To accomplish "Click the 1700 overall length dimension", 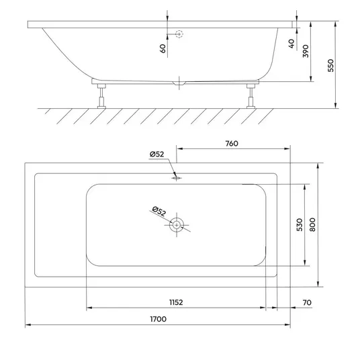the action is (x=159, y=319).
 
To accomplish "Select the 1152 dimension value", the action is (x=176, y=302).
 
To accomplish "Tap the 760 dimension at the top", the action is (x=232, y=144).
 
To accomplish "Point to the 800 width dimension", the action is (x=312, y=224).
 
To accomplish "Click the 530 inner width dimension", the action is (x=300, y=224).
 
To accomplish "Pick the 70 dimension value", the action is (x=307, y=303).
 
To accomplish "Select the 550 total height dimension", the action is (x=330, y=65).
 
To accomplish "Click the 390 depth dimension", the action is (x=306, y=51).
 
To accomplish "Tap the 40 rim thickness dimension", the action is (x=291, y=44).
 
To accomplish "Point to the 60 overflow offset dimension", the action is (x=163, y=48).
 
